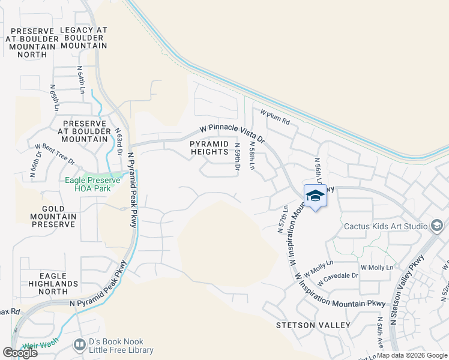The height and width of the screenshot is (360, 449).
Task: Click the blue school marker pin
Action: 315,196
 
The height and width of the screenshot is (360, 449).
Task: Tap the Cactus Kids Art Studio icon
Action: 437,226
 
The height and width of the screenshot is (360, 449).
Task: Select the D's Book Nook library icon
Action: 79,344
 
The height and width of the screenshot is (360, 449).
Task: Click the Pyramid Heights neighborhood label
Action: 209,148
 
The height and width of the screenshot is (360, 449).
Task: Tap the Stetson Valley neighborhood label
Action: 313,325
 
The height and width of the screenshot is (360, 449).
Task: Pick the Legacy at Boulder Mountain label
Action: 84,38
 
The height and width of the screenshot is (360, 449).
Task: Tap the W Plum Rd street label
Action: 275,118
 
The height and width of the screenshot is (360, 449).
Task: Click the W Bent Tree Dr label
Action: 55,154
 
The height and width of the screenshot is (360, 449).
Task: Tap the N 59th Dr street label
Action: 237,156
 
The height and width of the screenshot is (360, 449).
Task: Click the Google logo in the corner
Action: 20,353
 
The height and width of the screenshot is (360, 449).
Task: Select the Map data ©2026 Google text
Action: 412,355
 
